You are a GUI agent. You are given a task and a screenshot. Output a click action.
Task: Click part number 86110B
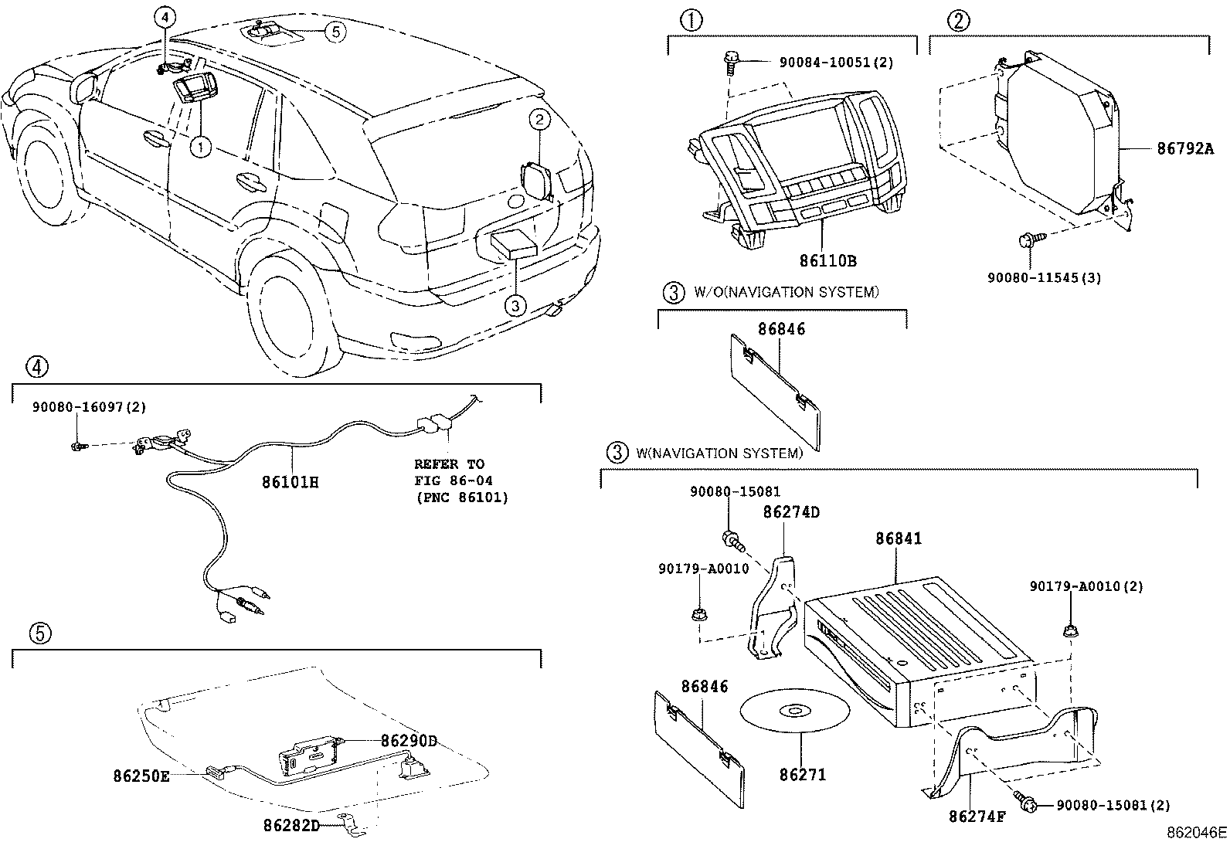point(827,261)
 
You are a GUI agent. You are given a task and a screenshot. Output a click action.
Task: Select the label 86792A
point(1184,149)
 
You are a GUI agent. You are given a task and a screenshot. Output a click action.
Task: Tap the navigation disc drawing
point(794,711)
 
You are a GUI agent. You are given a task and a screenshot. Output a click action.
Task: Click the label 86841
point(898,538)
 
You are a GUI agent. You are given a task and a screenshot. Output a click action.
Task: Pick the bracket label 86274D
point(791,512)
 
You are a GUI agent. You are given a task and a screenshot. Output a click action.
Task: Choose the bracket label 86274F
point(977,815)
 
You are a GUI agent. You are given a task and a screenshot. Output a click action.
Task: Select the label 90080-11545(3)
point(1044,277)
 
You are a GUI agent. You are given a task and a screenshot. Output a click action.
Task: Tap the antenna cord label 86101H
point(290,483)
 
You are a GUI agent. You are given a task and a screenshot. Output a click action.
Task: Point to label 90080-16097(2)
point(89,407)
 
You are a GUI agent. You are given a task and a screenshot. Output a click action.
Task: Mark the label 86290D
point(408,741)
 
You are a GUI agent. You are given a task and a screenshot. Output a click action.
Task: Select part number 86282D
point(291,825)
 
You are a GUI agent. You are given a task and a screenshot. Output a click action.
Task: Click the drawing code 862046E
point(1195,833)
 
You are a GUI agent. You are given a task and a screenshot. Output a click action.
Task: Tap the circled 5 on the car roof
point(335,31)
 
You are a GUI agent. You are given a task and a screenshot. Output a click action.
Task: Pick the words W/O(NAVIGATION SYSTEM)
point(786,292)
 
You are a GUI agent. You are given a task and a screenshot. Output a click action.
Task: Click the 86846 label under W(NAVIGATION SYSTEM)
point(705,686)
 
